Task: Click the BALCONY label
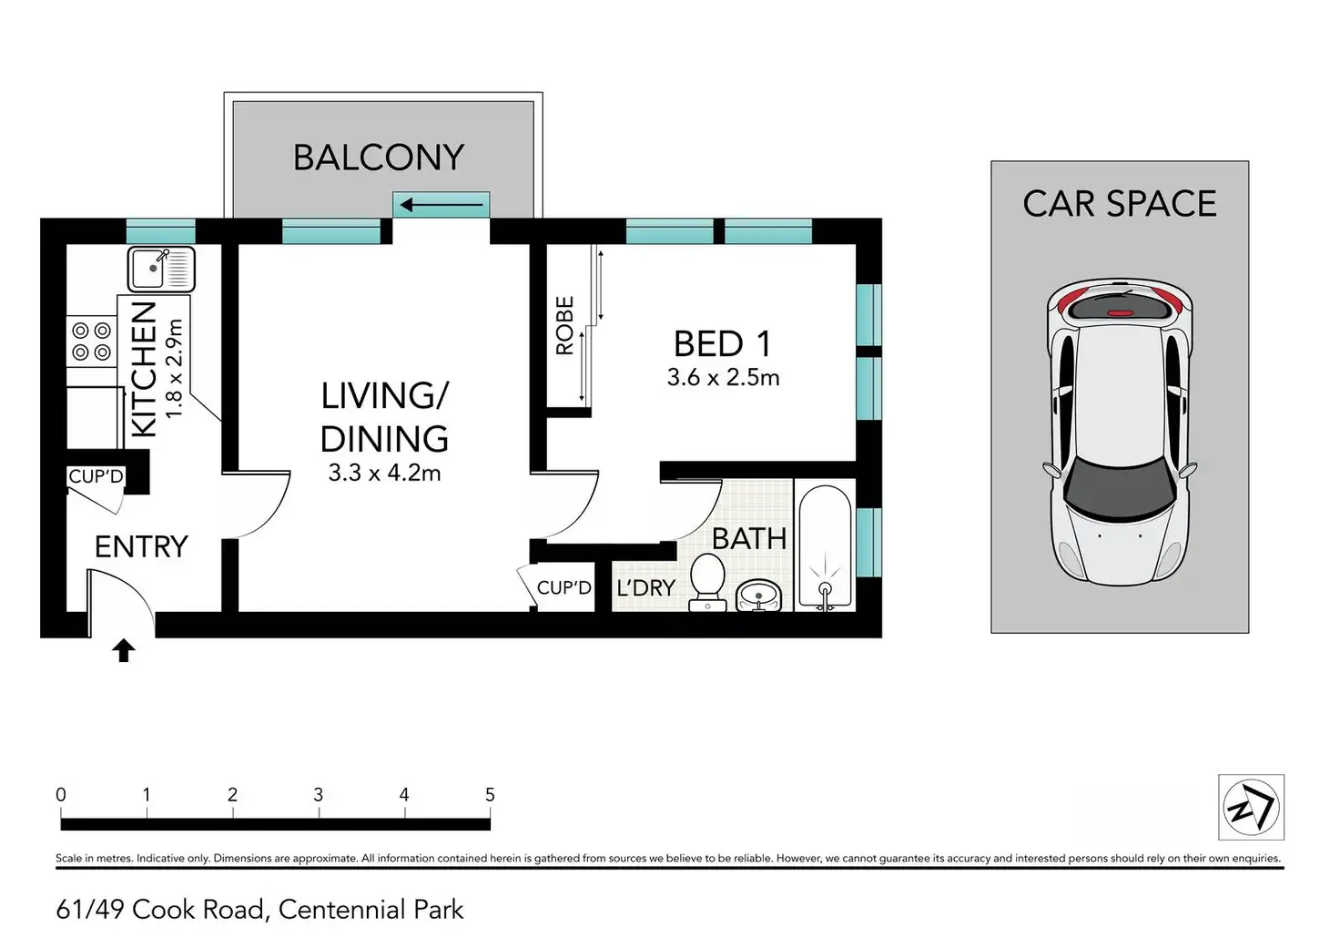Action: tap(379, 158)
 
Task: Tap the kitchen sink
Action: tap(161, 270)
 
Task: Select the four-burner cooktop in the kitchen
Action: tap(92, 341)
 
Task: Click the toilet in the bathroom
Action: tap(707, 582)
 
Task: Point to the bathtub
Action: tap(825, 547)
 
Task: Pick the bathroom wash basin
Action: tap(758, 596)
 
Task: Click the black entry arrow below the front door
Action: tap(124, 650)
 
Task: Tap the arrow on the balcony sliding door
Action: tap(442, 205)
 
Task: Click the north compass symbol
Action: tap(1251, 807)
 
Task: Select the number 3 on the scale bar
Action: tap(319, 795)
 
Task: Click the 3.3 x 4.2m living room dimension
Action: tap(385, 474)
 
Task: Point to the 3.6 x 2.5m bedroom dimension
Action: tap(723, 378)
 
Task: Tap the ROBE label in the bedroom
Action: tap(564, 326)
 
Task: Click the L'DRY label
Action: tap(646, 588)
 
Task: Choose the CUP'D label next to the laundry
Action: tap(564, 587)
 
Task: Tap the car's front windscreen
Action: tap(1119, 487)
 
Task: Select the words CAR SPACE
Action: tap(1120, 203)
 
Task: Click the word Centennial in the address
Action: tap(340, 910)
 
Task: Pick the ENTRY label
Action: tap(141, 546)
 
